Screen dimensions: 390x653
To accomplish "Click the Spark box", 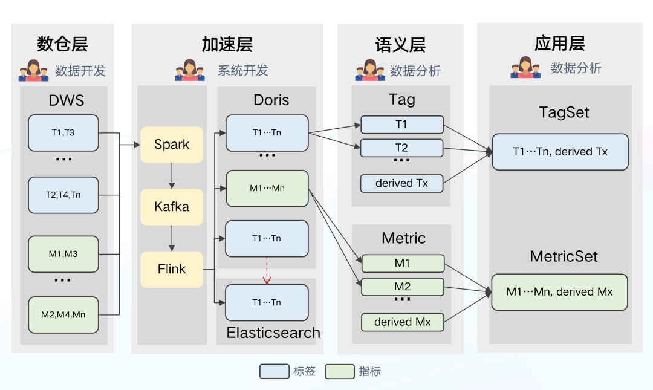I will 172,145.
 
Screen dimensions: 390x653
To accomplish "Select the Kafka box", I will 172,207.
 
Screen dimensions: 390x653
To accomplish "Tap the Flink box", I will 172,269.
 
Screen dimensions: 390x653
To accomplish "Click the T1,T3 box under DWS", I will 63,133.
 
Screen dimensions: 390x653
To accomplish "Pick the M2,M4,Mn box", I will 63,314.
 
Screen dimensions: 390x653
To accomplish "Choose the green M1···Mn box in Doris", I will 267,188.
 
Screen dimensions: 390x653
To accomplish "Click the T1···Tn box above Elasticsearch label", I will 267,302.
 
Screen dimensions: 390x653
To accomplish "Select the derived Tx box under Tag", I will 401,183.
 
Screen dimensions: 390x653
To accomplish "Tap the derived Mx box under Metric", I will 402,322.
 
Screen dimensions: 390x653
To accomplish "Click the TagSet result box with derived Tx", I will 560,152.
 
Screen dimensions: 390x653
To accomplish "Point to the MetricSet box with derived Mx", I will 559,292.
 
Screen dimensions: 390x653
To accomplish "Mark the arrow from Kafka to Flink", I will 172,238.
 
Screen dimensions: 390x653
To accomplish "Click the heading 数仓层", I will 62,44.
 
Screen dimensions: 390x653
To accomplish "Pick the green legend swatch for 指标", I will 339,371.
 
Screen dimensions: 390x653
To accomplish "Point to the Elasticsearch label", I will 273,333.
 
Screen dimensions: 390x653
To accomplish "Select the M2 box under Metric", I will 402,287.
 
